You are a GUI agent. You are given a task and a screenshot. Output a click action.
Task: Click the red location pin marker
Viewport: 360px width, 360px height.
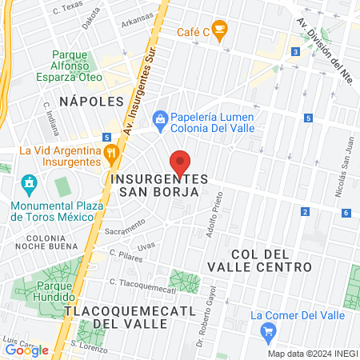click(x=181, y=162)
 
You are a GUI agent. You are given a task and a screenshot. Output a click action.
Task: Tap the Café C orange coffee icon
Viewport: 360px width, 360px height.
click(x=220, y=30)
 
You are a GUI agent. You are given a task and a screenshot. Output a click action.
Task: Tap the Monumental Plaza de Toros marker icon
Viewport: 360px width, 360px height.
click(x=30, y=183)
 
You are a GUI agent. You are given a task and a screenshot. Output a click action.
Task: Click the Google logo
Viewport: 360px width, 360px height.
click(x=26, y=350)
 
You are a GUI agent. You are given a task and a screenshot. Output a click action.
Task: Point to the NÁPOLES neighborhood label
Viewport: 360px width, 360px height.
click(x=92, y=102)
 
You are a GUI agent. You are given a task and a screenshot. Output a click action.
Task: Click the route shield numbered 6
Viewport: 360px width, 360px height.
click(x=346, y=213)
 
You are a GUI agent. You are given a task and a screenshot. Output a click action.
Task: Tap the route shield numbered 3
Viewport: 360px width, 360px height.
click(x=295, y=52)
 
